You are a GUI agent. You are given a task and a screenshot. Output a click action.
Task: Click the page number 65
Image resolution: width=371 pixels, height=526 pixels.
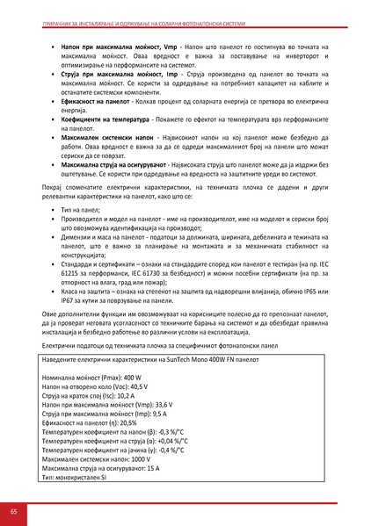tap(14, 511)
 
